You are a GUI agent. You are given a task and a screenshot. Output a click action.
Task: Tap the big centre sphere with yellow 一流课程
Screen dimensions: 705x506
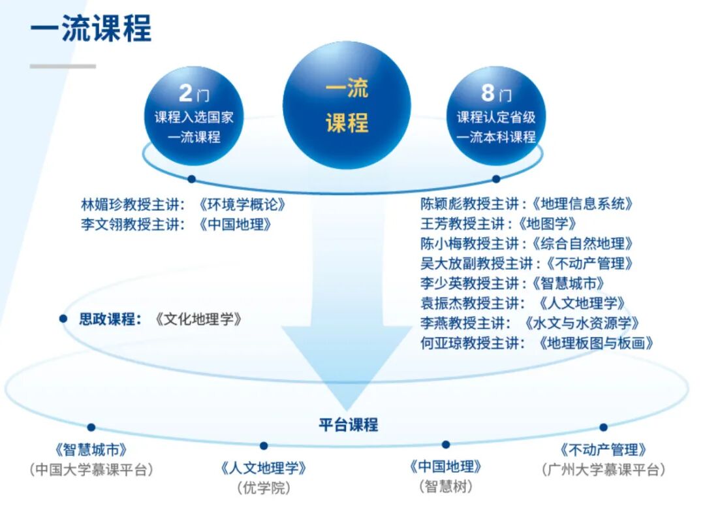click(x=347, y=105)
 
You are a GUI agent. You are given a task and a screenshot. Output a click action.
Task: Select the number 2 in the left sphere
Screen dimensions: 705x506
click(x=185, y=93)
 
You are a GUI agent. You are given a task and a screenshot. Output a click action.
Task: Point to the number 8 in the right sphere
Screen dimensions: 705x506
click(x=488, y=93)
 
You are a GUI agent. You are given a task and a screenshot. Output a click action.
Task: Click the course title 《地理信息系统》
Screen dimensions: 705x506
click(x=582, y=204)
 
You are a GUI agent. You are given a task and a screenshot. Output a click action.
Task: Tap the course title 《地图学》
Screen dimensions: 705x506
click(x=548, y=224)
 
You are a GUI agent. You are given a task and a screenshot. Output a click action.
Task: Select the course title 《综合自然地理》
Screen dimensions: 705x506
click(x=582, y=244)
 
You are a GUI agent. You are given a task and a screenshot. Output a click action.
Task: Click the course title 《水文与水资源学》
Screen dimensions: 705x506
click(x=581, y=323)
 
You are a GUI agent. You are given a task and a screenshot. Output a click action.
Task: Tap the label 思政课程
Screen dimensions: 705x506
click(x=109, y=319)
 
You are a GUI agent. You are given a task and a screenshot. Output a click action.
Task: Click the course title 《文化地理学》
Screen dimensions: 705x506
click(x=199, y=319)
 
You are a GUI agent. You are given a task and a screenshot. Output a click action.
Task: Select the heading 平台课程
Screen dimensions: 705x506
click(x=348, y=424)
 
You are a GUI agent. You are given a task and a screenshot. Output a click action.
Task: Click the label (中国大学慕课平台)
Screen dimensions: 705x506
click(x=91, y=469)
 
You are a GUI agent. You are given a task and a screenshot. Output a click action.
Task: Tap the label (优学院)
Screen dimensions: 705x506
click(x=264, y=487)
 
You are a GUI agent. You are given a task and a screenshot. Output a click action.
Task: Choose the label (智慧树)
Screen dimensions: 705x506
click(x=445, y=486)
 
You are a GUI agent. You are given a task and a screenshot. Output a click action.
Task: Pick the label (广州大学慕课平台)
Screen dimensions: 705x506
click(x=603, y=469)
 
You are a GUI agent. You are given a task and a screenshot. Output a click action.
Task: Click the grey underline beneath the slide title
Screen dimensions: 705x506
click(x=63, y=66)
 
